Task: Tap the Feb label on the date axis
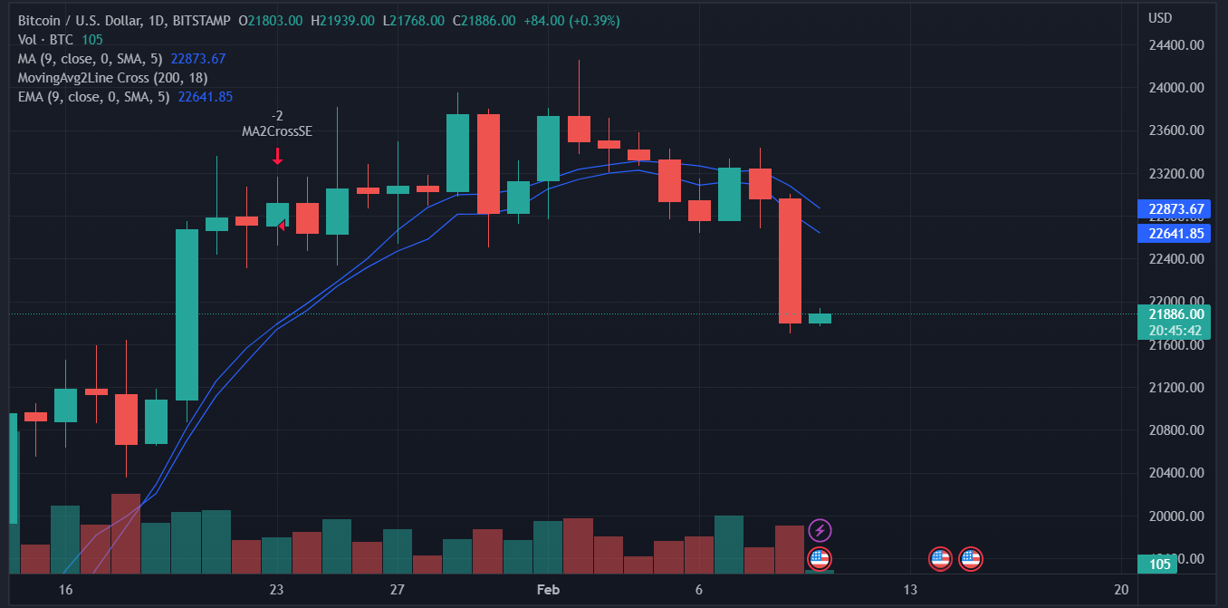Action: coord(549,590)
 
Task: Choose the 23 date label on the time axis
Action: coord(276,590)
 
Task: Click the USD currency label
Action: coord(1160,18)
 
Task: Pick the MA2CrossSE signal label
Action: coord(277,131)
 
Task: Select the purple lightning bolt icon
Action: coord(819,530)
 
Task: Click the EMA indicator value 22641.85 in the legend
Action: coord(206,97)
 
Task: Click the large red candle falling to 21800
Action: coord(790,260)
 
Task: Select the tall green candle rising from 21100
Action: coord(187,314)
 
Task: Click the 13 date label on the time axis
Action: coord(909,590)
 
